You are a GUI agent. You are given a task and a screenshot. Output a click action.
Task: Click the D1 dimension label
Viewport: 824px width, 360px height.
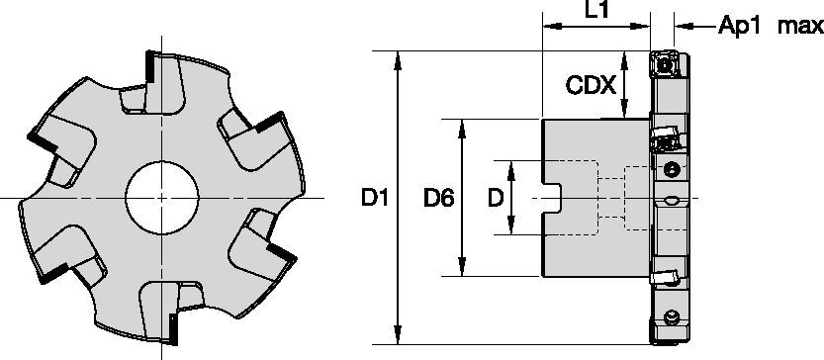pyautogui.click(x=373, y=199)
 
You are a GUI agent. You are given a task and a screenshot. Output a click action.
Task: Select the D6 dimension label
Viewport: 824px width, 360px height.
pyautogui.click(x=438, y=199)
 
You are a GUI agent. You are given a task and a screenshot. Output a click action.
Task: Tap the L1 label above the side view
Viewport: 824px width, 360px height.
pyautogui.click(x=596, y=13)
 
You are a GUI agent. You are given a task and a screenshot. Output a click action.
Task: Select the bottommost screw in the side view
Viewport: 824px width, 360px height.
pyautogui.click(x=672, y=318)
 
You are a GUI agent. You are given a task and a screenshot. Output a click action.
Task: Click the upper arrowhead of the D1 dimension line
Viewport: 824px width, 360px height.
pyautogui.click(x=398, y=57)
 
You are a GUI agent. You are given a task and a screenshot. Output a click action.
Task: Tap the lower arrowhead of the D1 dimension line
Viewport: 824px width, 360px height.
pyautogui.click(x=398, y=338)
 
